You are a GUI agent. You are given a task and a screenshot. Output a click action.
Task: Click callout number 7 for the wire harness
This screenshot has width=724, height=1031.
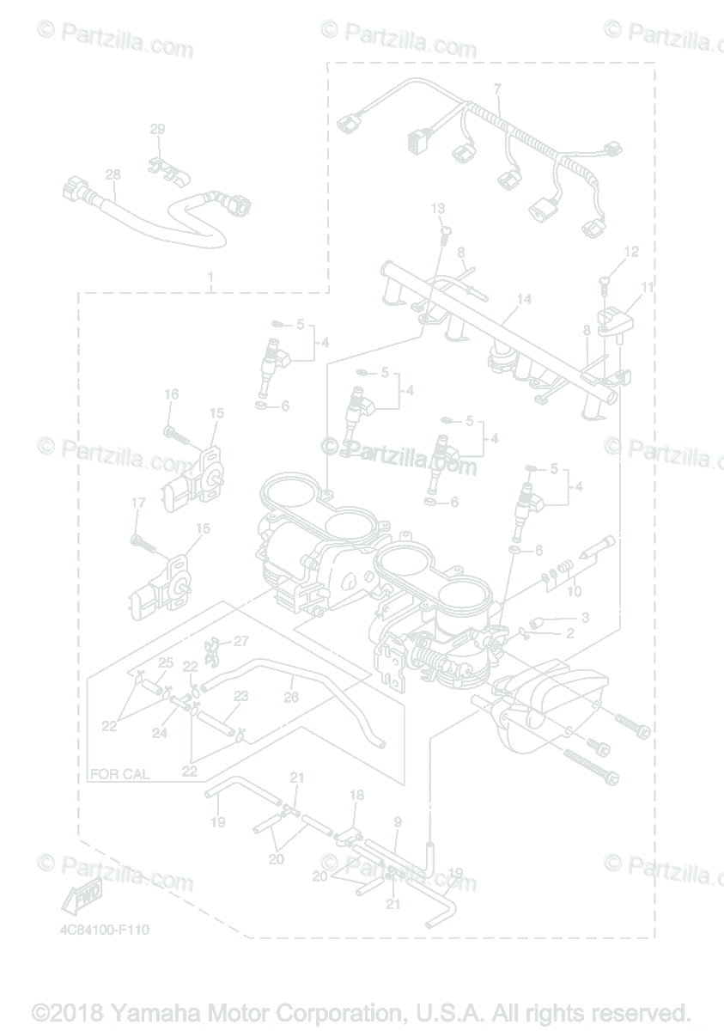pyautogui.click(x=496, y=89)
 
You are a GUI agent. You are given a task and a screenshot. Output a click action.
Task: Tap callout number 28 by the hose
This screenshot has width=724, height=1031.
pyautogui.click(x=113, y=174)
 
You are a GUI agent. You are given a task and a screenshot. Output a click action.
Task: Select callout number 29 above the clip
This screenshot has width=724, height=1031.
pyautogui.click(x=157, y=130)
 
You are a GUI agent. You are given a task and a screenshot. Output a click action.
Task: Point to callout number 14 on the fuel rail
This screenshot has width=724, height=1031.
pyautogui.click(x=524, y=299)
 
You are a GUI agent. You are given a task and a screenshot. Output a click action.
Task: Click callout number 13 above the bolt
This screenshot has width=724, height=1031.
pyautogui.click(x=438, y=209)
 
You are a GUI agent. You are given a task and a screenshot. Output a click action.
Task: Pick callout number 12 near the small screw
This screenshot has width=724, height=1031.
pyautogui.click(x=631, y=252)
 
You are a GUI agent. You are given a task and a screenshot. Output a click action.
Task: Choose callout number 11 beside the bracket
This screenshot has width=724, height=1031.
pyautogui.click(x=647, y=286)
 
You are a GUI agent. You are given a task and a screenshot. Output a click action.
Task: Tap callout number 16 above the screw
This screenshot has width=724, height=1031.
pyautogui.click(x=172, y=394)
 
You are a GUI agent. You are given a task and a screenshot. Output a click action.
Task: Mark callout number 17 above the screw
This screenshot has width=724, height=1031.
pyautogui.click(x=137, y=503)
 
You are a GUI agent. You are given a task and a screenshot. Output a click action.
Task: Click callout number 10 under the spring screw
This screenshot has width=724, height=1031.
pyautogui.click(x=575, y=592)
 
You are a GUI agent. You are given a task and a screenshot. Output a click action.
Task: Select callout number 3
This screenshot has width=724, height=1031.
pyautogui.click(x=585, y=617)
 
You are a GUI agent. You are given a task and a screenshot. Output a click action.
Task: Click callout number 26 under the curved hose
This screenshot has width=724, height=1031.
pyautogui.click(x=291, y=698)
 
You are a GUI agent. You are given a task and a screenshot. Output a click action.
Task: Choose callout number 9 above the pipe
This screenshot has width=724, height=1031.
pyautogui.click(x=398, y=822)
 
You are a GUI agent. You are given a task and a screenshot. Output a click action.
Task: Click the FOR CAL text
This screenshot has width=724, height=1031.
pyautogui.click(x=119, y=774)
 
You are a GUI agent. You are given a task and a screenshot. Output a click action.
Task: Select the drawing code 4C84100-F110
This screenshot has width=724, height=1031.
pyautogui.click(x=108, y=930)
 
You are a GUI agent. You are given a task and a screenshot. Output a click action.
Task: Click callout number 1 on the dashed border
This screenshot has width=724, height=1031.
pyautogui.click(x=210, y=278)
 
